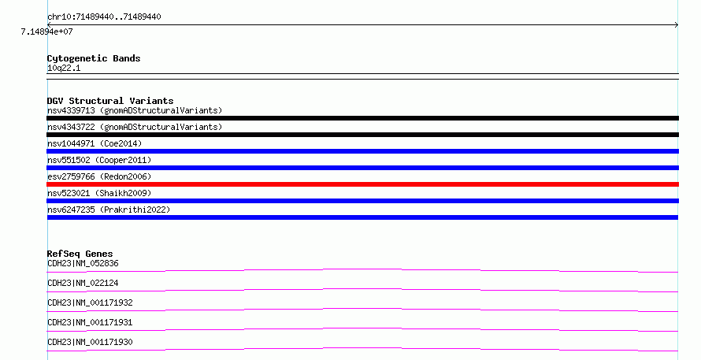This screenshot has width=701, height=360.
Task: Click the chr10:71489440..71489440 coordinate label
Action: coord(104,17)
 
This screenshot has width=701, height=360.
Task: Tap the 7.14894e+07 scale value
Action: coord(46,32)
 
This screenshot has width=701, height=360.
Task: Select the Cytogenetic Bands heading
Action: coord(94,58)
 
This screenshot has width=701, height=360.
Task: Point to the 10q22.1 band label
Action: coord(64,69)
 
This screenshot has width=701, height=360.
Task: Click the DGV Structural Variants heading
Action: coord(110,101)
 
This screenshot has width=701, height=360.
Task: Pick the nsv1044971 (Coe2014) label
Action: coord(95,143)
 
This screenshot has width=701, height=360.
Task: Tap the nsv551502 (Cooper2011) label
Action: coord(99,160)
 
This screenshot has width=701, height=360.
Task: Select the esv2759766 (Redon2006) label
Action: coord(99,176)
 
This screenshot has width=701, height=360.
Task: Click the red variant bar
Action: coord(362,184)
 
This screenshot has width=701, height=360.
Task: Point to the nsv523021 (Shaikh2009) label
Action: coord(99,193)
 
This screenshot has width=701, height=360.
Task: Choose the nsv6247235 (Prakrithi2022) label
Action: coord(109,210)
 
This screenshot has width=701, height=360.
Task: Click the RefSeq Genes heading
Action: coord(80,254)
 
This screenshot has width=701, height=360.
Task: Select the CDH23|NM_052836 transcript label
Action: coord(83,263)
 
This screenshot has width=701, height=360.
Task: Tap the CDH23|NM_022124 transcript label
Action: coord(83,283)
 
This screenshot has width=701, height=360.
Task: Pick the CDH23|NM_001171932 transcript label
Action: coord(90,302)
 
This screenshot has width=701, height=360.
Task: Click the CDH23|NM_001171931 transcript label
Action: coord(90,322)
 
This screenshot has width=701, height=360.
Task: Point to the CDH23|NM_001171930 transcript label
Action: coord(90,342)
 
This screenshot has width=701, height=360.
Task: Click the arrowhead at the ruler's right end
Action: coord(677,25)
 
